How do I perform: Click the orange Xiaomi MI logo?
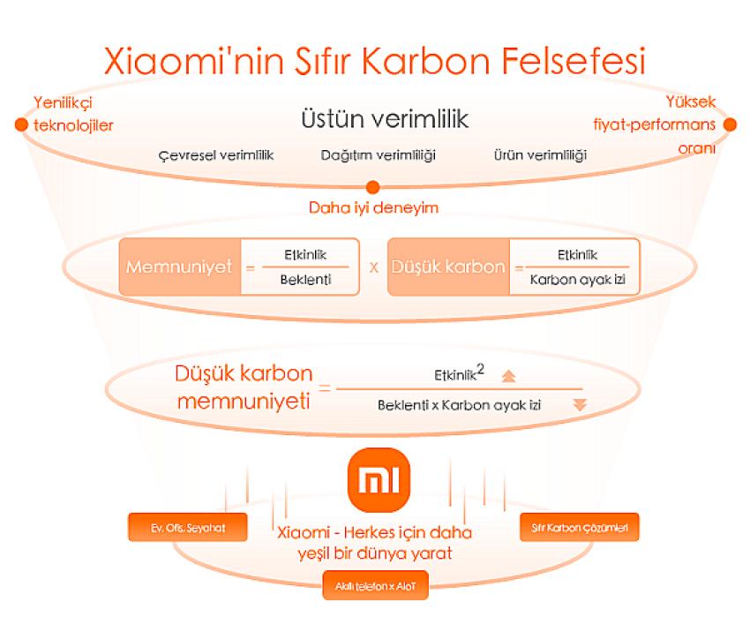click(x=379, y=480)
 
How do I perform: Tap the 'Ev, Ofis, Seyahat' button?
click(x=188, y=527)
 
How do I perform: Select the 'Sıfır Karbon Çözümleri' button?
click(x=579, y=527)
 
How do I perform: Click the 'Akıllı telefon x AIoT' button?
click(x=376, y=585)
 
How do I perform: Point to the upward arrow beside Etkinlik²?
click(x=508, y=376)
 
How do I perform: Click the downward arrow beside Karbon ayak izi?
click(x=580, y=404)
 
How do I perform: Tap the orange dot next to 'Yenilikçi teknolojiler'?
click(x=21, y=124)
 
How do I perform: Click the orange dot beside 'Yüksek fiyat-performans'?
click(x=730, y=124)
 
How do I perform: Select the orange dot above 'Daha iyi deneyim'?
click(x=372, y=187)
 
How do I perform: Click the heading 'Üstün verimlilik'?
click(x=385, y=118)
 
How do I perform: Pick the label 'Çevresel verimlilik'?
click(x=215, y=155)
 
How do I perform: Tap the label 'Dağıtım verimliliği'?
click(x=378, y=155)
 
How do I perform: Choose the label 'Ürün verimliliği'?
click(x=541, y=155)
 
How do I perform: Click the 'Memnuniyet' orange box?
click(x=180, y=267)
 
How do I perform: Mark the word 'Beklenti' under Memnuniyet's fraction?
click(x=305, y=279)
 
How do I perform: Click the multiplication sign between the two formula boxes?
click(x=374, y=267)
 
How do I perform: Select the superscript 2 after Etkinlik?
click(x=480, y=369)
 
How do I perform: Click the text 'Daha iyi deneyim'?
click(x=373, y=207)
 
